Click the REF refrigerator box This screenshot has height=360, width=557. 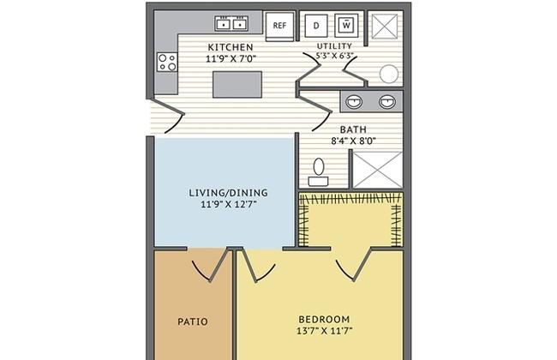tap(280, 26)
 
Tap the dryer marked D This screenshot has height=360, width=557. tap(316, 25)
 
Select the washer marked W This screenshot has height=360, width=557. tap(346, 25)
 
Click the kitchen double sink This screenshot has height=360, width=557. tap(231, 23)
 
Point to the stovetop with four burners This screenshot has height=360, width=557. tap(167, 62)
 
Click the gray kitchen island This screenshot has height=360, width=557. tap(237, 84)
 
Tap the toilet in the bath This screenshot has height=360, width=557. tap(318, 172)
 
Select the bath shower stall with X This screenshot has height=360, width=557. tap(377, 170)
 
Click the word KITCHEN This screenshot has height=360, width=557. tap(231, 47)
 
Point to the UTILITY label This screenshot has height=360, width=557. tap(334, 46)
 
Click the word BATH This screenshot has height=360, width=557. tap(353, 129)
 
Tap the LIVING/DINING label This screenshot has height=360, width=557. tap(229, 193)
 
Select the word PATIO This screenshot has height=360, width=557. tap(193, 322)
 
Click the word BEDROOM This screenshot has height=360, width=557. tap(324, 319)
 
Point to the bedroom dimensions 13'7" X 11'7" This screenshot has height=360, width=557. tap(324, 331)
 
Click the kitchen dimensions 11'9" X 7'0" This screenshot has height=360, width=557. tap(231, 58)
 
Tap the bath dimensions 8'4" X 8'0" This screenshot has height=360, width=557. tap(353, 141)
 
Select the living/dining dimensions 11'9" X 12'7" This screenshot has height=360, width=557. tap(229, 204)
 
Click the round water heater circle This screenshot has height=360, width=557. tap(389, 74)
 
